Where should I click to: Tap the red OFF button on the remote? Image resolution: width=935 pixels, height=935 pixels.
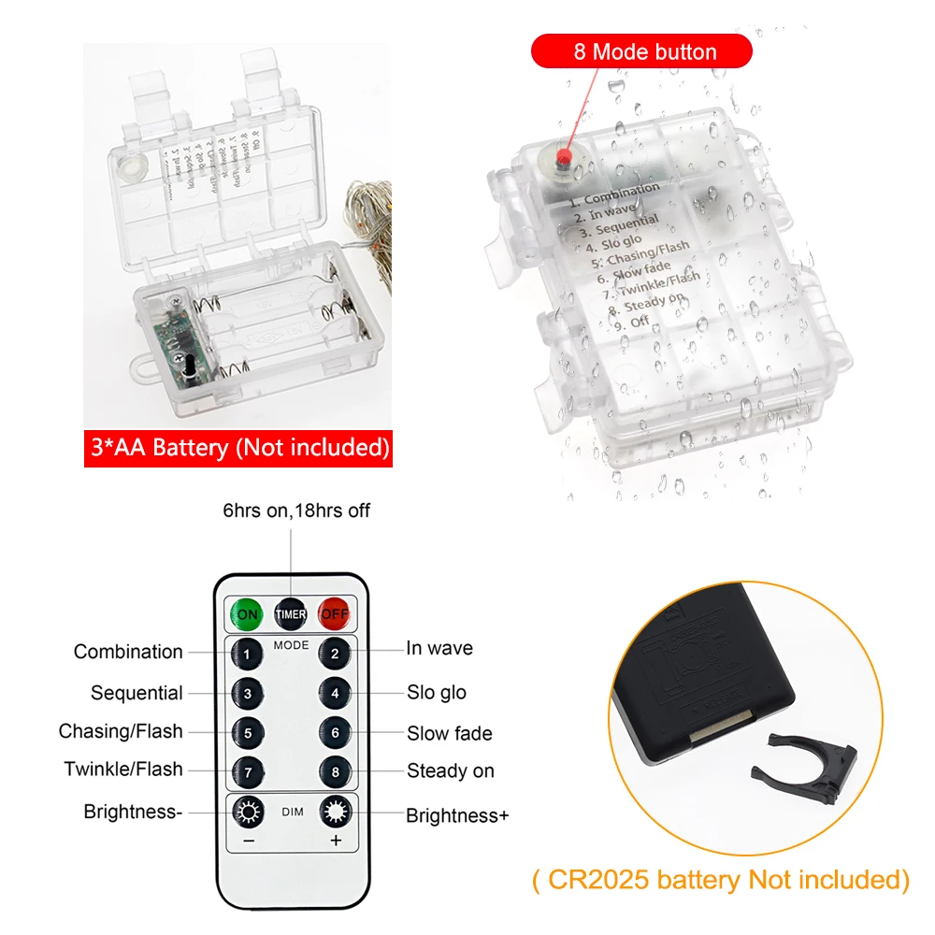334,614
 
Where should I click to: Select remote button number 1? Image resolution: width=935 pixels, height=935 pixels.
247,653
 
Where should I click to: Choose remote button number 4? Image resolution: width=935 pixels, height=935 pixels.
335,694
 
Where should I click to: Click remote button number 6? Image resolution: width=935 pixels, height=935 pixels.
335,733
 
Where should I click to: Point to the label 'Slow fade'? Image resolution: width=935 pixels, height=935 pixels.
449,734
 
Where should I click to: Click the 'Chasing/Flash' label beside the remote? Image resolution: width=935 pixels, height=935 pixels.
121,731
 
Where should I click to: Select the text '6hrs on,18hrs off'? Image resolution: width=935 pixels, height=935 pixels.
295,511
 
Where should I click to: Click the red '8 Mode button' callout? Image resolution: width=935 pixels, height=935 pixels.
641,51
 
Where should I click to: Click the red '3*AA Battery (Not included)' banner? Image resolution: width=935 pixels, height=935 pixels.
237,448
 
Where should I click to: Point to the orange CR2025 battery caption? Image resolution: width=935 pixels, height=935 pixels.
719,880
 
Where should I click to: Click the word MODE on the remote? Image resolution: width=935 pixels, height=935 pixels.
291,646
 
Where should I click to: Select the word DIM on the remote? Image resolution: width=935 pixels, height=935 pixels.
292,813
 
